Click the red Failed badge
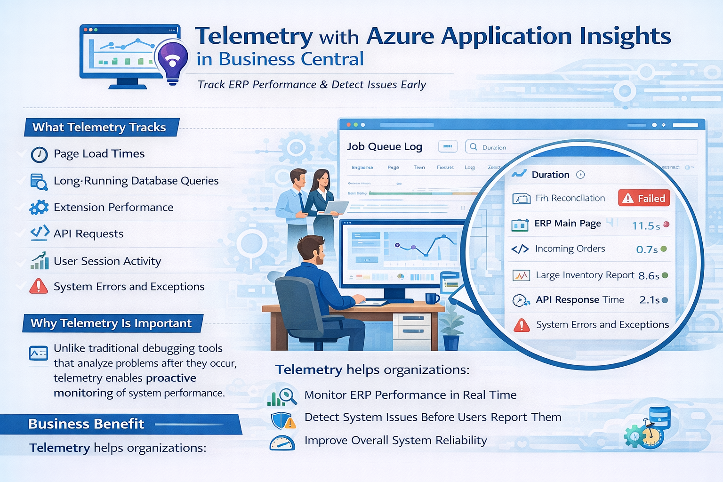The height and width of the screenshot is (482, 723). click(x=643, y=199)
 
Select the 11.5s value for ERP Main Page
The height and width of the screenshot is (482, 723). click(x=645, y=226)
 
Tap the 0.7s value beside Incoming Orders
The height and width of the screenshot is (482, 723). click(x=647, y=249)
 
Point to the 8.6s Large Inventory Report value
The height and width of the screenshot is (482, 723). click(x=649, y=276)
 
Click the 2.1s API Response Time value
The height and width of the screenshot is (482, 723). click(x=650, y=300)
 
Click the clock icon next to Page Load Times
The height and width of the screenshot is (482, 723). click(x=39, y=154)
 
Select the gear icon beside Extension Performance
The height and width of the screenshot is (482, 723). click(x=39, y=208)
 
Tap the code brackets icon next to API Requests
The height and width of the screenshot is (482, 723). click(x=40, y=233)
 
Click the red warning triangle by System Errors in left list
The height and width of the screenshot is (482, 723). click(x=39, y=286)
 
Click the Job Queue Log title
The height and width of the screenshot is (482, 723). click(x=385, y=146)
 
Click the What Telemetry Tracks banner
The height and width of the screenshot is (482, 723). click(x=100, y=127)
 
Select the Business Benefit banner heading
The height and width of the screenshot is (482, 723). click(x=86, y=424)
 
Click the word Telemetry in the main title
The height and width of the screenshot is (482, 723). click(x=254, y=36)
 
